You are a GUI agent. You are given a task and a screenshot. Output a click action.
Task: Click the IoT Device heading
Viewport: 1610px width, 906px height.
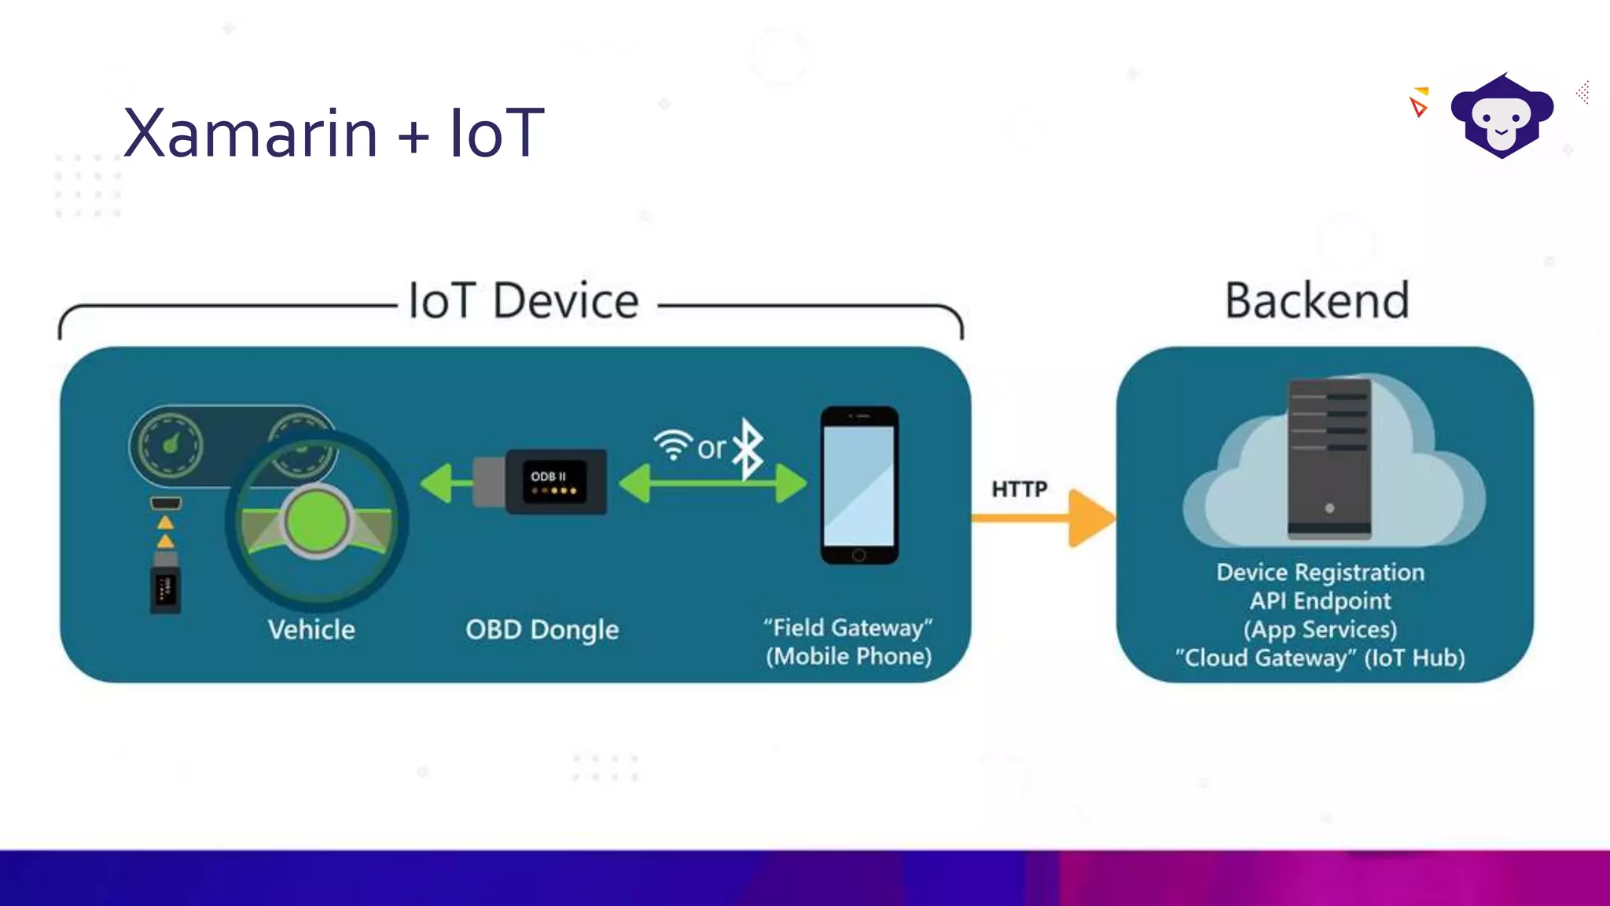[x=524, y=301]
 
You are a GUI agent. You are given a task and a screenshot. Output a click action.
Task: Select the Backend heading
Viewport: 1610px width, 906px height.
[x=1317, y=301]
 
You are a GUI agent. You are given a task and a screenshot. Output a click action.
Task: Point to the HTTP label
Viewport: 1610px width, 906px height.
[x=1020, y=489]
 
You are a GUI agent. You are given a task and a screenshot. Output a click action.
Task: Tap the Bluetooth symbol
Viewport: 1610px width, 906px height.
[x=748, y=449]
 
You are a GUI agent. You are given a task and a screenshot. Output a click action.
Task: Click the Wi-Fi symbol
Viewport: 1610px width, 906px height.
[x=673, y=445]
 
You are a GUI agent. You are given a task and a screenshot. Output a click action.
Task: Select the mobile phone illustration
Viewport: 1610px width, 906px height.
[x=859, y=485]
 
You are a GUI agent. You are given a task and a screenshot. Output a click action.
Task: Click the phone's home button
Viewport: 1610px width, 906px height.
[x=859, y=555]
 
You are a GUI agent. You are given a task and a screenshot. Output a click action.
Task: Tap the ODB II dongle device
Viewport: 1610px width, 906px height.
[x=555, y=482]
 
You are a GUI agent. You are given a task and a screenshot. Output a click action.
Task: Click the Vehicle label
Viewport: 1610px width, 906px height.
[x=311, y=630]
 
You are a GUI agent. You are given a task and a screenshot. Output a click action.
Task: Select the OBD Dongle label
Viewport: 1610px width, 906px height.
[x=542, y=630]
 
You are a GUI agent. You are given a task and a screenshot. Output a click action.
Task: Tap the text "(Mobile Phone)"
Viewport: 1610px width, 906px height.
[x=849, y=657]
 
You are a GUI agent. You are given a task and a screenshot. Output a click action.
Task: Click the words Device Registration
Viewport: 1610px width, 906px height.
[x=1320, y=573]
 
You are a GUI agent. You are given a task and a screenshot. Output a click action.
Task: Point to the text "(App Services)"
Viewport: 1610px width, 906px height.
[x=1320, y=630]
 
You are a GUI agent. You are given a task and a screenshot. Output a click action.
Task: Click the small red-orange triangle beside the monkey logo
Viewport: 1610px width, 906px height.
[x=1418, y=107]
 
